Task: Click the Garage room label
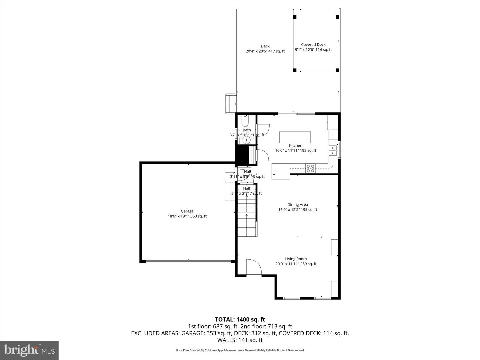[187, 211]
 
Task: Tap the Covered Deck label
[313, 45]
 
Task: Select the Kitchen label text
[295, 145]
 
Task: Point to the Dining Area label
[298, 205]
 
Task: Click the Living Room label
[296, 259]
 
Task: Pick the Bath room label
[247, 130]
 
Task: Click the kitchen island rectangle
[295, 137]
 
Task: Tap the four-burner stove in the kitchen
[310, 168]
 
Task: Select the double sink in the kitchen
[333, 151]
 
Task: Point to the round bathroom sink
[247, 140]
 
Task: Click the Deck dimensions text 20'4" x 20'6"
[265, 51]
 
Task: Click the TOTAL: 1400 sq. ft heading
[240, 320]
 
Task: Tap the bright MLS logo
[29, 350]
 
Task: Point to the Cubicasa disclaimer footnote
[240, 350]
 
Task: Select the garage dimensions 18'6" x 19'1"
[187, 216]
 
